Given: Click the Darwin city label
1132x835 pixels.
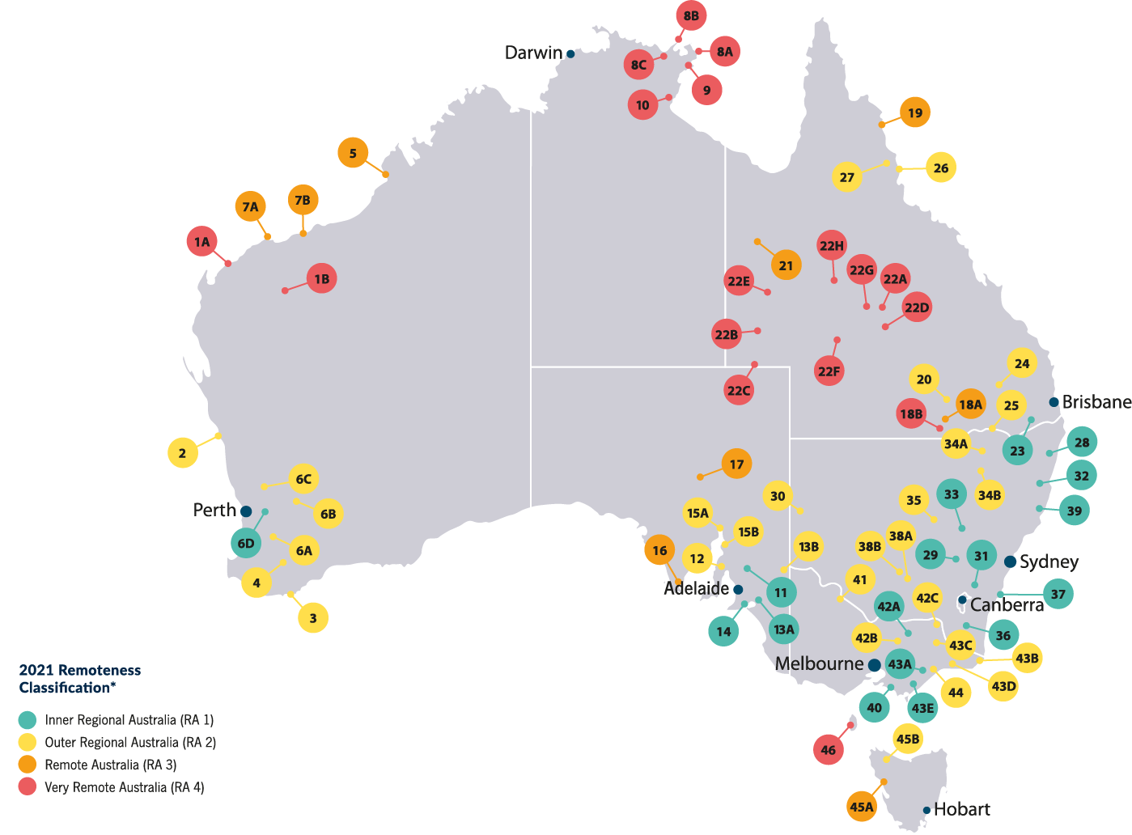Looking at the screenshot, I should coord(533,53).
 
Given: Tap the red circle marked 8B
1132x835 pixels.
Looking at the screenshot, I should coord(691,15).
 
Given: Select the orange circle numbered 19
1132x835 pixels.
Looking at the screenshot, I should coord(915,112).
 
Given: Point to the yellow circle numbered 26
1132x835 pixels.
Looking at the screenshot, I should coord(941,167).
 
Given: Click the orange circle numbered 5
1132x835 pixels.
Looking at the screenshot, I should coord(353,153).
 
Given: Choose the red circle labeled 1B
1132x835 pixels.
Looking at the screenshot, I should coord(322,278).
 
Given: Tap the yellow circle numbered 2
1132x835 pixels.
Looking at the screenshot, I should coord(182,452).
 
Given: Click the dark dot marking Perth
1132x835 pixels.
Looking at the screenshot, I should coord(246,511).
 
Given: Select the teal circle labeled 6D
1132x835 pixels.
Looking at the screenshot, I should coord(246,543).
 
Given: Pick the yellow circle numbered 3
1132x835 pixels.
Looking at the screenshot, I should coord(313,618).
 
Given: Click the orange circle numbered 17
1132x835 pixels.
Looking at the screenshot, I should coord(736,464).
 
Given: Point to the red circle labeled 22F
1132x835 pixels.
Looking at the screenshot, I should coord(829,371).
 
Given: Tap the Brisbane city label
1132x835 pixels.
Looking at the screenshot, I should coord(1096,402).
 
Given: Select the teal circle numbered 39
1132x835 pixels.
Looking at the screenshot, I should coord(1075,511).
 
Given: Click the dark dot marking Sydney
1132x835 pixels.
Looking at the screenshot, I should coord(1010,562).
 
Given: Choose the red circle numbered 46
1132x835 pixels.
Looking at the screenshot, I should coord(829,749).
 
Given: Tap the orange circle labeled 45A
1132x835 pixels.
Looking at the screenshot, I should coord(862,806).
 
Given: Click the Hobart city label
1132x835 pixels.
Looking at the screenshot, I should coord(961,809).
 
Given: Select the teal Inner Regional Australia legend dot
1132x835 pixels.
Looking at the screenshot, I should coord(28,719).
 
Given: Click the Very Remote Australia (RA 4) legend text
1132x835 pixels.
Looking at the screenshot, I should coord(124,787).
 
